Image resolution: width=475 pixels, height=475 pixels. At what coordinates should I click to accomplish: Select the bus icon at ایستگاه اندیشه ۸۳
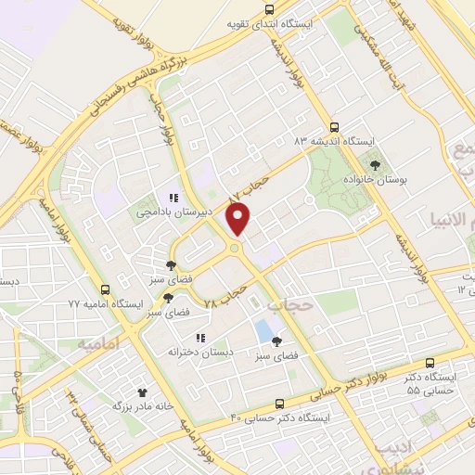pos(335,128)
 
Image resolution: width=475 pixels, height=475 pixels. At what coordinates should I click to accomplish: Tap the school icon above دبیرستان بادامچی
pos(172,197)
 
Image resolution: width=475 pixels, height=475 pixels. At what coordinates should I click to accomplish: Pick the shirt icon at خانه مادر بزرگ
pos(142,392)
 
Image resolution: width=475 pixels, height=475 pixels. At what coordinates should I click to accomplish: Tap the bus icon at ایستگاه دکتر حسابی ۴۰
pos(280,404)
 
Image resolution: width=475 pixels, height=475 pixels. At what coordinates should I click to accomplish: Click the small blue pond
pos(265,329)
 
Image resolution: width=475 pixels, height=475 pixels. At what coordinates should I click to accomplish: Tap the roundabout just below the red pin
pos(235,248)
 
